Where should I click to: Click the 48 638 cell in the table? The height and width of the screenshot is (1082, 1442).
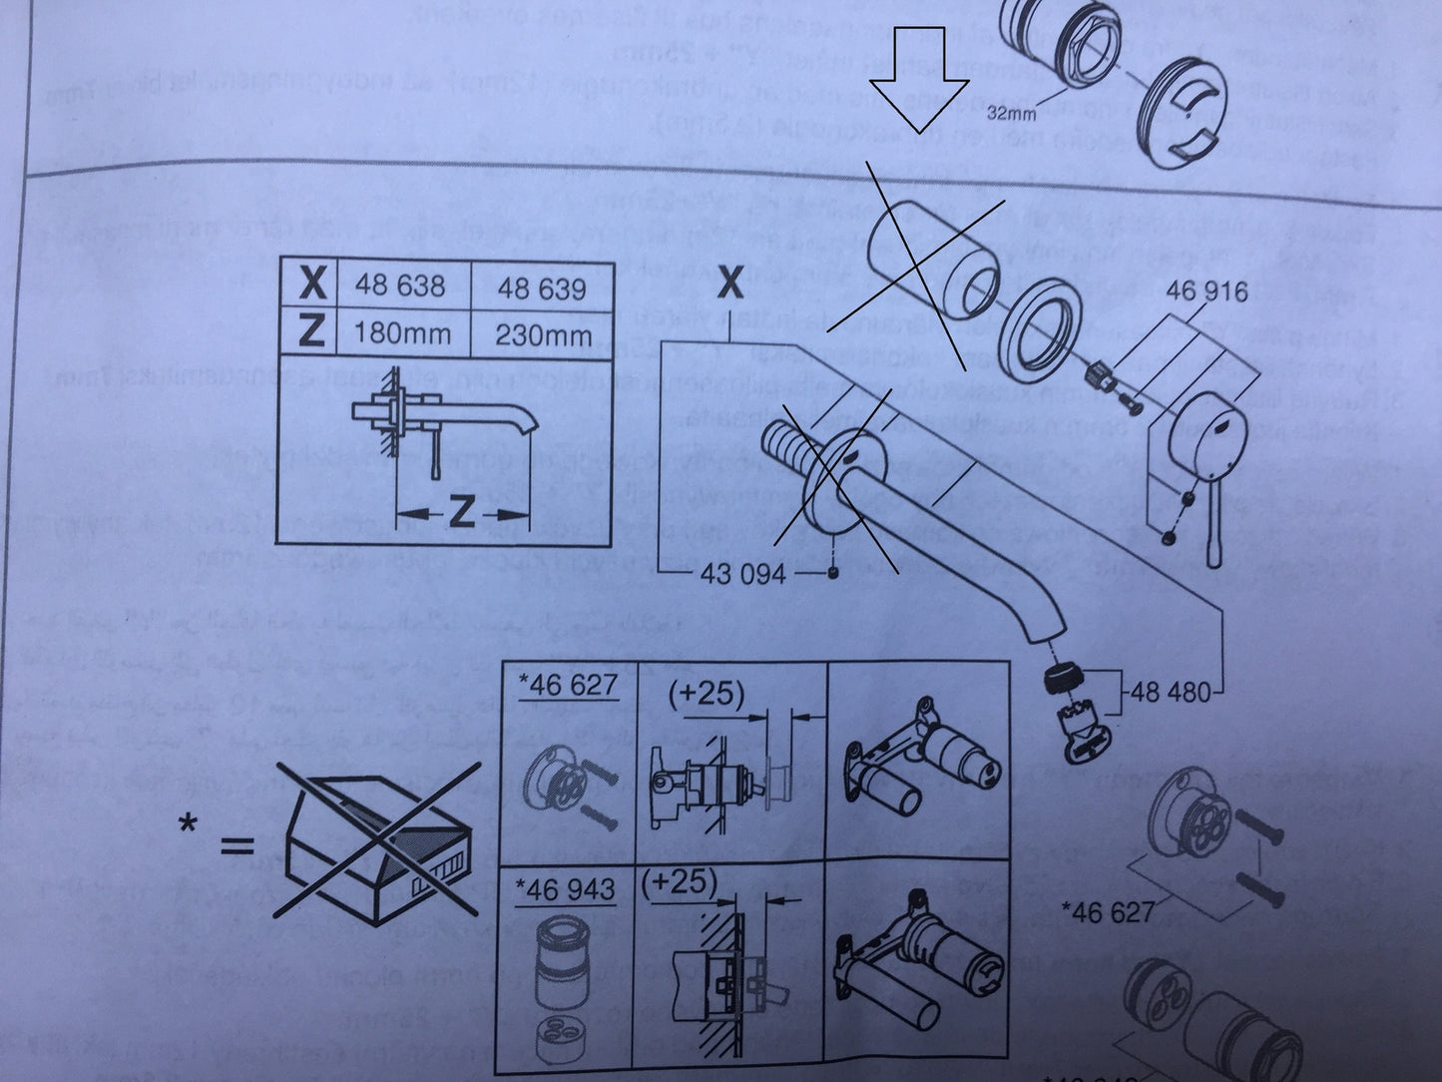point(399,286)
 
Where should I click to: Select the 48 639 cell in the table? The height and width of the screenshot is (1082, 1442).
point(541,288)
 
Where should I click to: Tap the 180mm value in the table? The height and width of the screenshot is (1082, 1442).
point(399,332)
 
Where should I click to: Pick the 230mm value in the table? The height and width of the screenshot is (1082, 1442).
point(543,334)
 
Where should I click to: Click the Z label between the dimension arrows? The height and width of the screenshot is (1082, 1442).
point(461,513)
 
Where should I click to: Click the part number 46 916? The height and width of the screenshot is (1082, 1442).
point(1206,291)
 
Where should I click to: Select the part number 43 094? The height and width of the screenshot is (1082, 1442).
point(743,574)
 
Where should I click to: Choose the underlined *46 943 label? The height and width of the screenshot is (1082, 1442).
point(567,889)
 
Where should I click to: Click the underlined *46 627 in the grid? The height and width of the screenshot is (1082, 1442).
point(566,685)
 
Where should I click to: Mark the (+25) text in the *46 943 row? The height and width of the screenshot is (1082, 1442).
point(681,882)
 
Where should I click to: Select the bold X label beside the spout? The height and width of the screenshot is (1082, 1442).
point(731,285)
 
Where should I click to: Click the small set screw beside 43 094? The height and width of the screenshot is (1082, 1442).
point(831,573)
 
